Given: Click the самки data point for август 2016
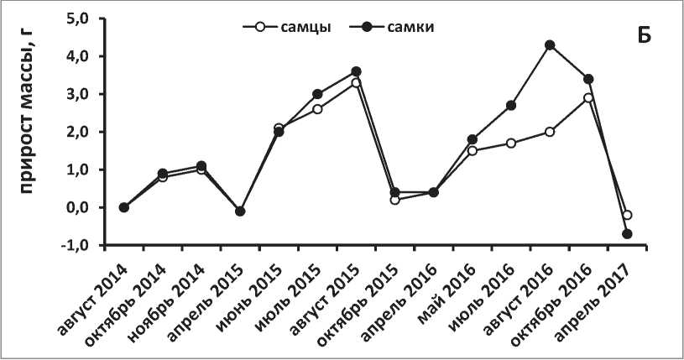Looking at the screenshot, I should coord(550,44).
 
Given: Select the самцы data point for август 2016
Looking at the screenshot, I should coord(550,132).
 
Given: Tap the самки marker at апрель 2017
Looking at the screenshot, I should coord(627,233).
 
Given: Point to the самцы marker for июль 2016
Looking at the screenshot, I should coord(511,143).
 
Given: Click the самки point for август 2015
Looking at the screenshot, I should coord(356,71).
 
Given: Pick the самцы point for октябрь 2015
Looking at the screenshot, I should coord(394,200).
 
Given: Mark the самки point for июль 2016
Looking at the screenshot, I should coord(511,105).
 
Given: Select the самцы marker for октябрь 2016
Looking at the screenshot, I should coord(588,98).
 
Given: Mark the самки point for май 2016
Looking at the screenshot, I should coord(472,139).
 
